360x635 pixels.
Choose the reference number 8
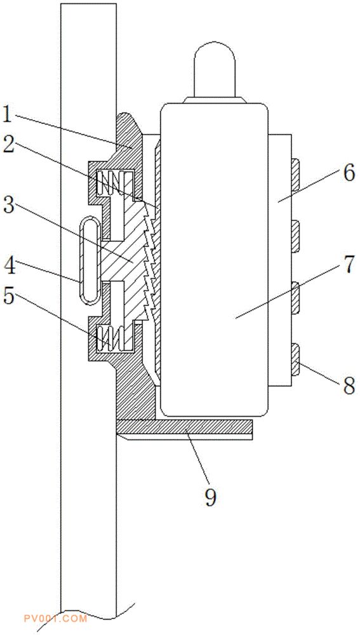pos(349,385)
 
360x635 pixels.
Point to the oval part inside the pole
pos(89,260)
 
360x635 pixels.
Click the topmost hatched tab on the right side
pos(295,175)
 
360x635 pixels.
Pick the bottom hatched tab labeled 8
pos(295,359)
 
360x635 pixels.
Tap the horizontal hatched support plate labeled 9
pos(184,426)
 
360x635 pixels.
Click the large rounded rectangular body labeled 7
pos(214,260)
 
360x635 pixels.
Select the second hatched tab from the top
pos(295,236)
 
